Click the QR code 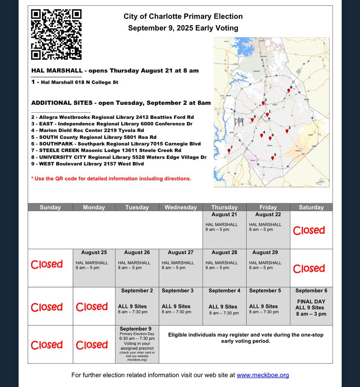click(x=56, y=35)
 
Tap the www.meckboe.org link click(x=263, y=375)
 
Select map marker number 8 click(x=288, y=91)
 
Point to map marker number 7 click(x=229, y=151)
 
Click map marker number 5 click(x=273, y=158)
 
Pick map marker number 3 click(x=287, y=131)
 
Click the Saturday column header click(x=311, y=207)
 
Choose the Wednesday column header click(x=181, y=207)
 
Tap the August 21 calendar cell click(x=224, y=229)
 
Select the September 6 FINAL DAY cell click(x=311, y=306)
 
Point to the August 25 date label click(x=94, y=252)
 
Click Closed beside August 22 click(x=309, y=231)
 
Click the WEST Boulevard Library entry click(x=87, y=164)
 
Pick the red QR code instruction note click(x=111, y=179)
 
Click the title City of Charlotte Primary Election click(x=183, y=17)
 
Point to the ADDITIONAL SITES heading click(x=121, y=103)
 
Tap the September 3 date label click(x=177, y=291)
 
